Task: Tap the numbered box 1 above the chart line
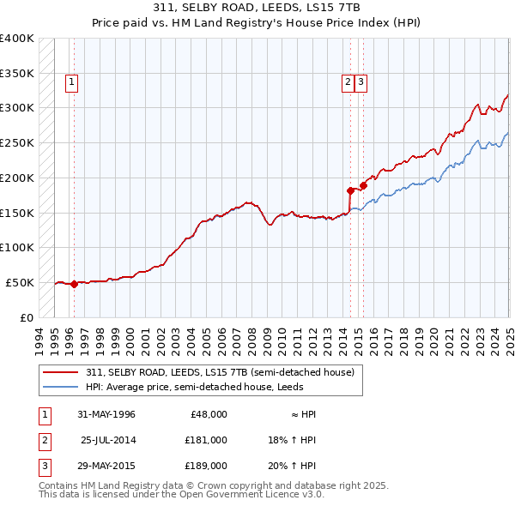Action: (x=70, y=82)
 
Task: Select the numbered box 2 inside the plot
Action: (x=348, y=82)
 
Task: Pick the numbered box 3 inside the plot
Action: (x=361, y=82)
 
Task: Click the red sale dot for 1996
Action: (x=74, y=284)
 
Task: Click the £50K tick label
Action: (x=20, y=282)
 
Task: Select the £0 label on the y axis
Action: (x=27, y=317)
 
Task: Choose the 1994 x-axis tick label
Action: (x=39, y=338)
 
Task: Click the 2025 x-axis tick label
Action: (x=509, y=338)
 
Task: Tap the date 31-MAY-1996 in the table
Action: (x=106, y=414)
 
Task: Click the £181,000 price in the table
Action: (x=205, y=440)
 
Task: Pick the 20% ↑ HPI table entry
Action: (x=292, y=467)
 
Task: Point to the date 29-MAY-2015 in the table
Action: (x=106, y=467)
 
